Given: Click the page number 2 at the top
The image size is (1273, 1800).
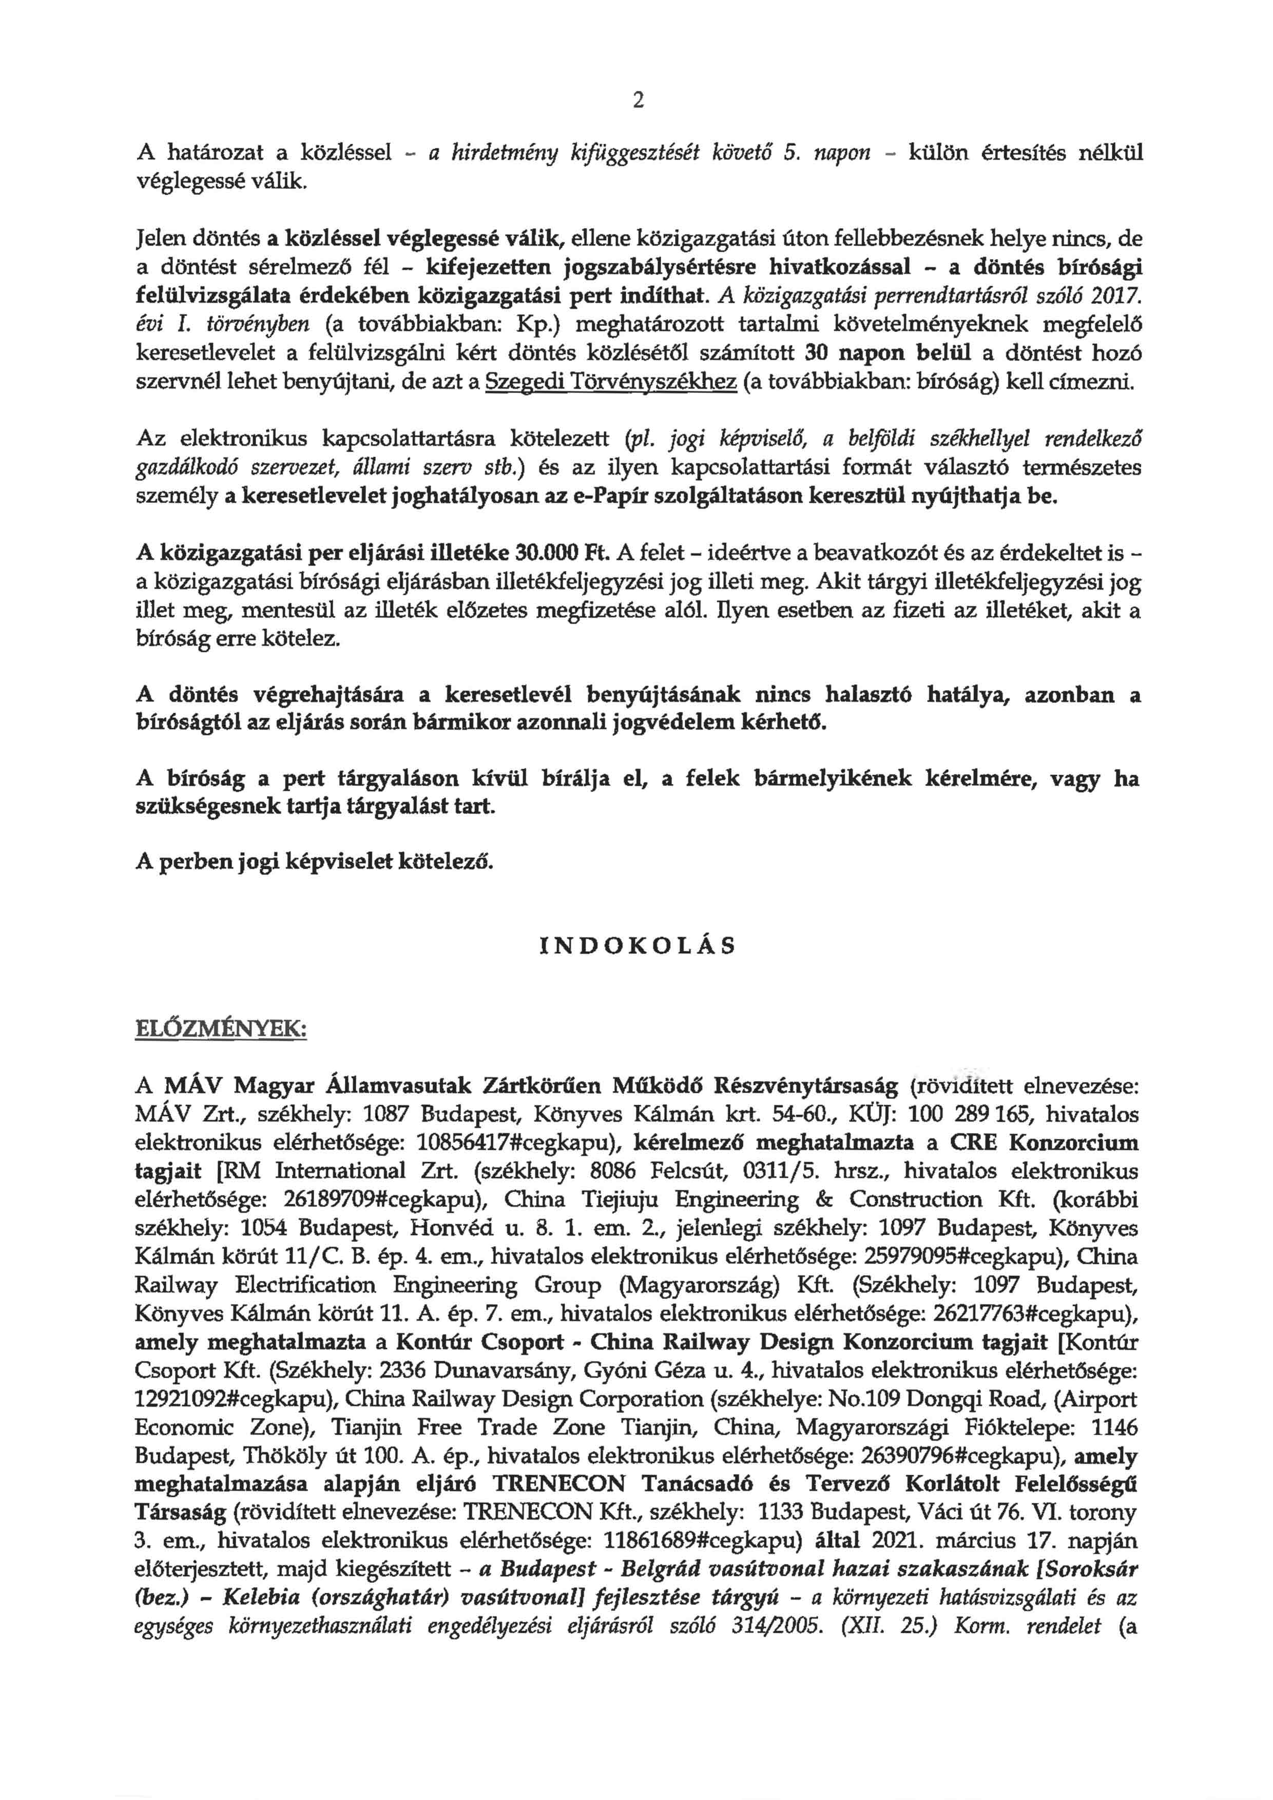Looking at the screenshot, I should point(637,101).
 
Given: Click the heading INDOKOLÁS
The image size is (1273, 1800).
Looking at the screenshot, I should point(638,946).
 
